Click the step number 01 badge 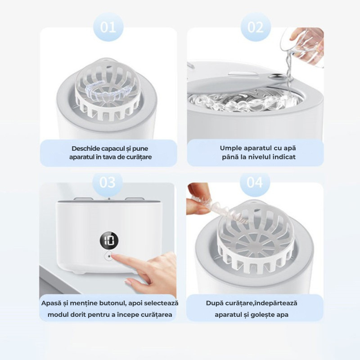pyautogui.click(x=108, y=27)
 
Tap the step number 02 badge pyautogui.click(x=256, y=27)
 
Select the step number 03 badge pyautogui.click(x=108, y=182)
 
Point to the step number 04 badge pyautogui.click(x=255, y=182)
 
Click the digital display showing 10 pyautogui.click(x=109, y=241)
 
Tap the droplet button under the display pyautogui.click(x=109, y=256)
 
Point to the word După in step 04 pyautogui.click(x=215, y=303)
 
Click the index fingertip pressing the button pyautogui.click(x=117, y=256)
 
